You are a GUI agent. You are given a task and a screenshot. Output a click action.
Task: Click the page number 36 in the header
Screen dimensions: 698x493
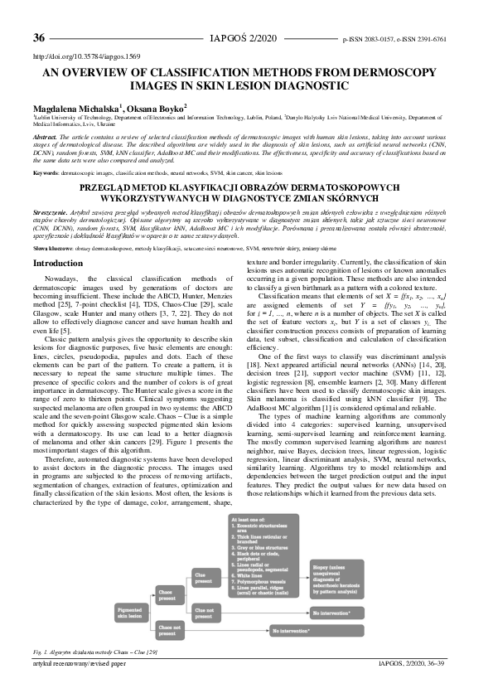[38, 38]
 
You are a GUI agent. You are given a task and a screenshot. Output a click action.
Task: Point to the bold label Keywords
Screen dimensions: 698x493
[46, 172]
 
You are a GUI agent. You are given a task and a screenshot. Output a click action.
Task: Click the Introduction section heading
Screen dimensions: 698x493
[57, 240]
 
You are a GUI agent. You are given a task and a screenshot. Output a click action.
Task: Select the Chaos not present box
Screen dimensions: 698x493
[169, 656]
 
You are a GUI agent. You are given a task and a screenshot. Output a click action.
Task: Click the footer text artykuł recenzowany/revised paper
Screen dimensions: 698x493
[79, 687]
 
